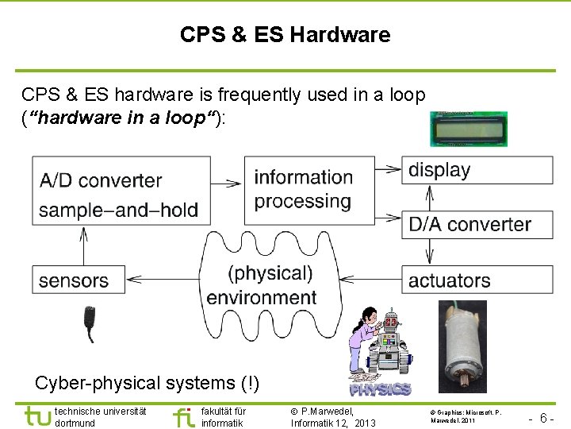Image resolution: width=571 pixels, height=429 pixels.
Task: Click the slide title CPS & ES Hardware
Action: pyautogui.click(x=285, y=35)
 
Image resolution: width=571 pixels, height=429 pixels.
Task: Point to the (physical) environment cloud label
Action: pyautogui.click(x=264, y=285)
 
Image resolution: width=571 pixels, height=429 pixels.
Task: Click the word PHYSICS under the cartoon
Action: pyautogui.click(x=380, y=389)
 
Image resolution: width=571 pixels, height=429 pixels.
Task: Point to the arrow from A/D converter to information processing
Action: pyautogui.click(x=226, y=183)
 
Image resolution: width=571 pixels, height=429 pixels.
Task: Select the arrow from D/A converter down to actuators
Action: pyautogui.click(x=429, y=252)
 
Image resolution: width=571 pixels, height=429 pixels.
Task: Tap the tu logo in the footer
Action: pyautogui.click(x=36, y=415)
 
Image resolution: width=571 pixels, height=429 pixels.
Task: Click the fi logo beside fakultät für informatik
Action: pyautogui.click(x=183, y=416)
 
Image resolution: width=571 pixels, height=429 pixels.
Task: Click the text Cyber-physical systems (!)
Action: pyautogui.click(x=147, y=382)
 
